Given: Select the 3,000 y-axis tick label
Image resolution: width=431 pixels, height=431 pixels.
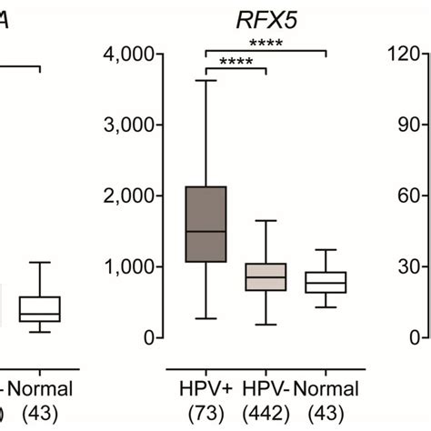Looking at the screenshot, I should tap(132, 125).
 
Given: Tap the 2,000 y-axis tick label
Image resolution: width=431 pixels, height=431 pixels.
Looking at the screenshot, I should tap(132, 195).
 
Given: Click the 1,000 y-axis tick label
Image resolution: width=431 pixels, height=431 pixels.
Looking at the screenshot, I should tap(132, 266).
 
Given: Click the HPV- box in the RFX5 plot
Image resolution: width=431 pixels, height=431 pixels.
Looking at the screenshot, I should tap(266, 276).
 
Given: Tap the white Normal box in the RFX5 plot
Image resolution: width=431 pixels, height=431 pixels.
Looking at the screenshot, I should tap(325, 282).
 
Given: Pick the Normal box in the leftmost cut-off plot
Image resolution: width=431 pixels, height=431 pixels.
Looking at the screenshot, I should tap(40, 308).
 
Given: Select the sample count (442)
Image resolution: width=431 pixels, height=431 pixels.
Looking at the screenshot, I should tap(265, 412).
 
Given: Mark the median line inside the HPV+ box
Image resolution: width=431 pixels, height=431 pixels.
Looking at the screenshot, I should tap(206, 231).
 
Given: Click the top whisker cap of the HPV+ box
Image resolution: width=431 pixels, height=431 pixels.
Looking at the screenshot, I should tap(206, 81).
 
